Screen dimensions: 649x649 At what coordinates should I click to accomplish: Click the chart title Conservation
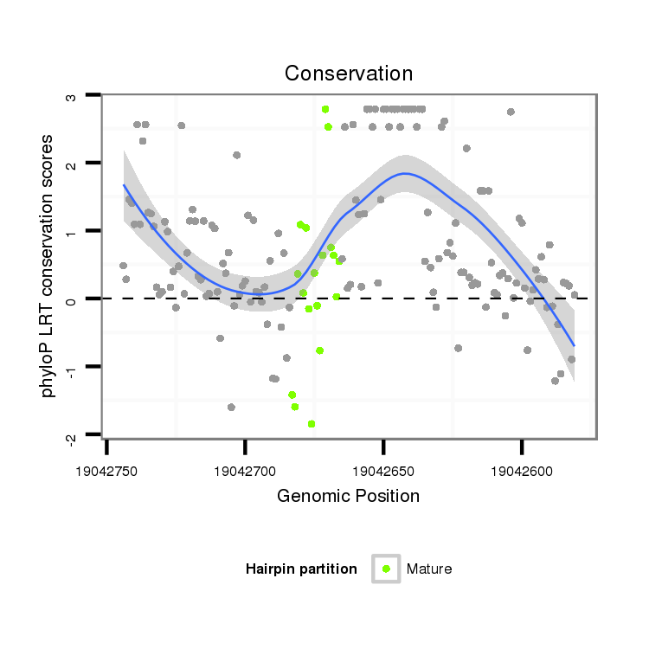[349, 74]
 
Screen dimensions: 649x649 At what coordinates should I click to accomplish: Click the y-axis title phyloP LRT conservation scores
[48, 266]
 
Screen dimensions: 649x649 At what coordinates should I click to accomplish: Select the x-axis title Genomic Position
[349, 496]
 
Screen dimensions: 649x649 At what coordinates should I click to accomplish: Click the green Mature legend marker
[386, 569]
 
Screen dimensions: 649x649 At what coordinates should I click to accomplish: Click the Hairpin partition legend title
[301, 569]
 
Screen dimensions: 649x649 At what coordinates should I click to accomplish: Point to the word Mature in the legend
[429, 569]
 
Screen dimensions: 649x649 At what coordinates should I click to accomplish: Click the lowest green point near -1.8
[312, 424]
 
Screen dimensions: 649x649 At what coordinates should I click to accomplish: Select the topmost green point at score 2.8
[325, 109]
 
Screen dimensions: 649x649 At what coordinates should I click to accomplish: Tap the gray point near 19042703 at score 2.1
[236, 155]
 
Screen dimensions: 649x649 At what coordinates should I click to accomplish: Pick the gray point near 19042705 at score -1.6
[231, 407]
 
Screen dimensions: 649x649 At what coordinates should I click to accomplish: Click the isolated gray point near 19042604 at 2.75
[511, 112]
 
